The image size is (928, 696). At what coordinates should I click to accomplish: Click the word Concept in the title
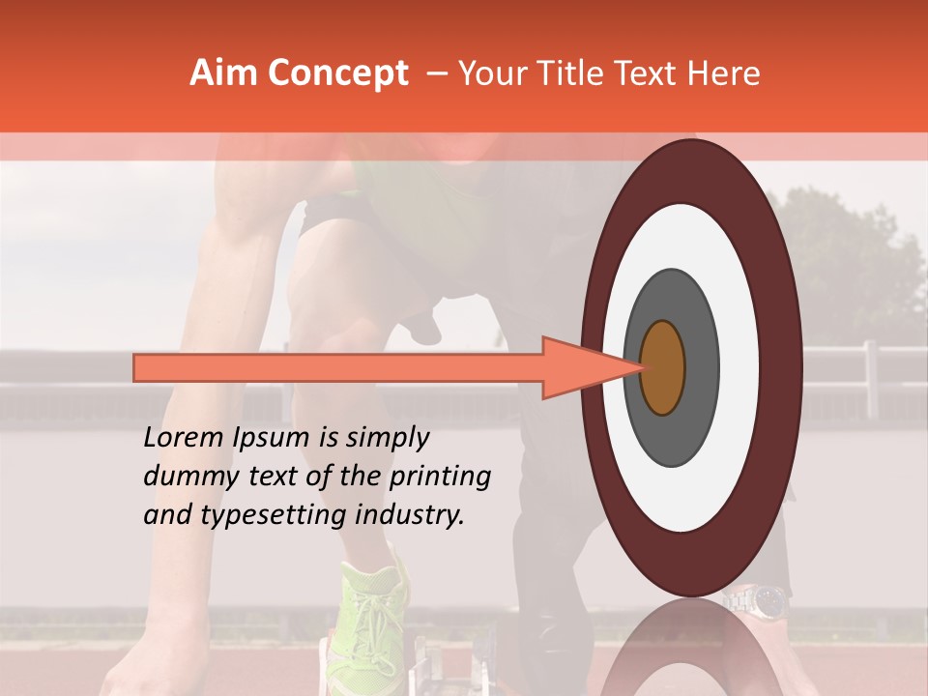coord(336,73)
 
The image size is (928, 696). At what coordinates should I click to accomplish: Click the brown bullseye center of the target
coord(663,367)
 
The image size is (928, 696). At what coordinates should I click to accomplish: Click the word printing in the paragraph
coord(439,478)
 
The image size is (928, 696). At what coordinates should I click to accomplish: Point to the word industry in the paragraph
coord(407,515)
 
